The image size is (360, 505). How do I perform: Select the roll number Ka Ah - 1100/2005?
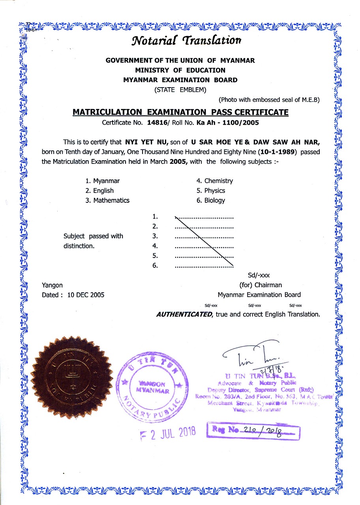(227, 122)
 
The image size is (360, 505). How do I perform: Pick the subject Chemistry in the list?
(218, 181)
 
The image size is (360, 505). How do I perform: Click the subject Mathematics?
(111, 200)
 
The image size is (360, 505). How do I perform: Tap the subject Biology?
(214, 200)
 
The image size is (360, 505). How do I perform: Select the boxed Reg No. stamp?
(253, 432)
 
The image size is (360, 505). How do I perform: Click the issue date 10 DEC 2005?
(86, 295)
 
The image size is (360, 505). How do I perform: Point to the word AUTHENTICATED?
(184, 314)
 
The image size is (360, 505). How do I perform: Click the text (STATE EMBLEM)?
(180, 90)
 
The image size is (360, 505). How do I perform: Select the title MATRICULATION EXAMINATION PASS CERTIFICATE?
(180, 112)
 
